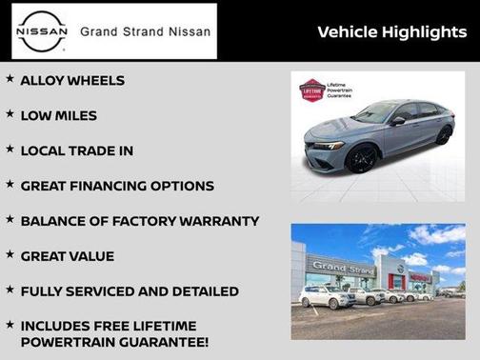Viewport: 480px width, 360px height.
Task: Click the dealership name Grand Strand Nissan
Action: coord(143,31)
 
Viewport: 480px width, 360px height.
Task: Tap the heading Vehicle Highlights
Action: coord(391,32)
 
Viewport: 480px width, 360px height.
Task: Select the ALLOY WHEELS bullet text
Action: coord(72,81)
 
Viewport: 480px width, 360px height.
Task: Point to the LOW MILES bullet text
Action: coord(58,116)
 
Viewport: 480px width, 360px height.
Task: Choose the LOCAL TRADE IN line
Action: coord(76,150)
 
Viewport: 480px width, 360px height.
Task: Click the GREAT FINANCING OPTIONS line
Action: coord(117,186)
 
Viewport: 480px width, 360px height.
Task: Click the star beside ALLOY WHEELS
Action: coord(10,79)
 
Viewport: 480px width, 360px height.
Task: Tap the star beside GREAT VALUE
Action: coord(10,254)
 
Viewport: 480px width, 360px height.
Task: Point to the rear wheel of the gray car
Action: coord(443,135)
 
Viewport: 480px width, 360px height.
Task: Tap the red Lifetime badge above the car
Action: coord(311,90)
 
